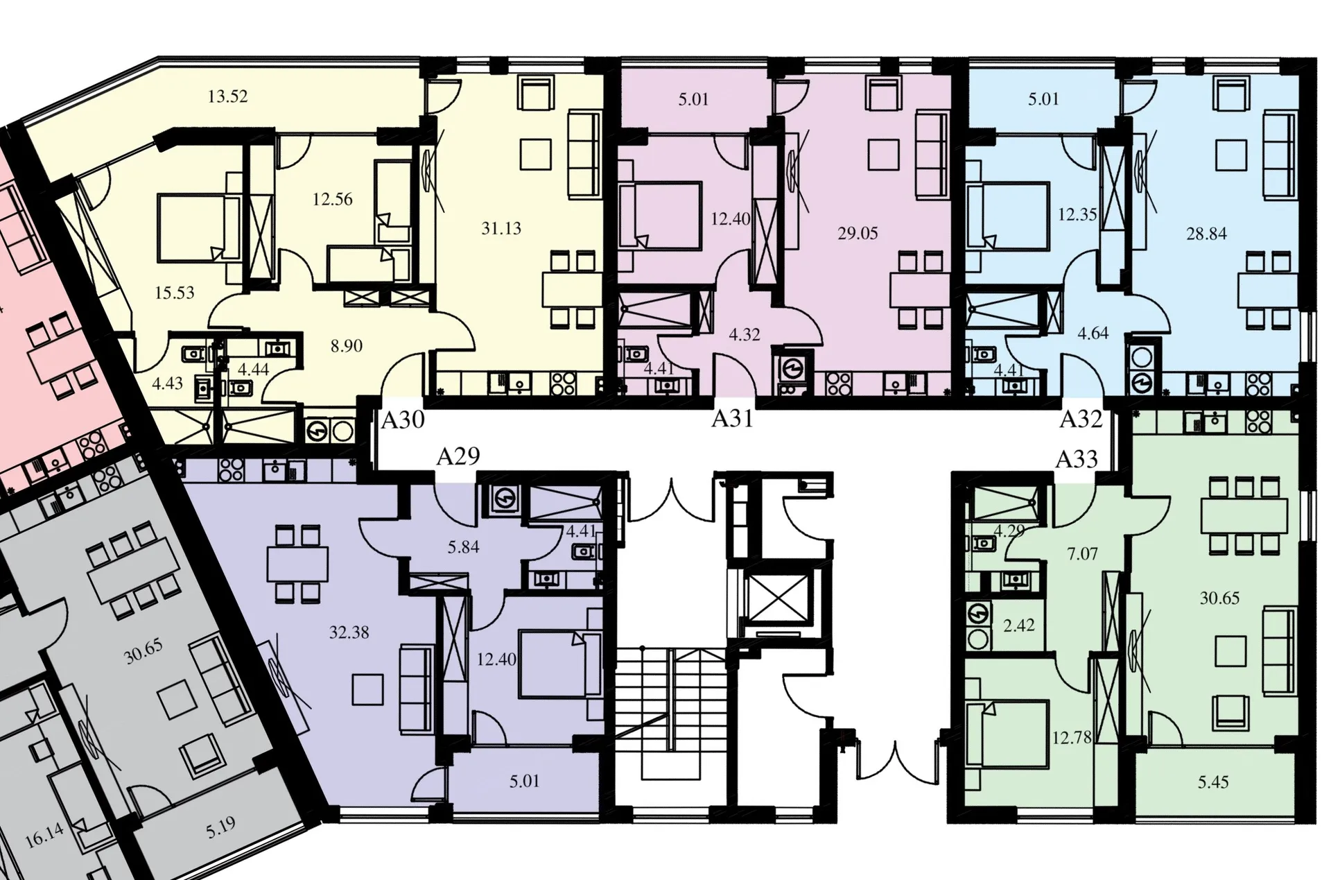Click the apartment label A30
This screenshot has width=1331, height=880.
click(403, 420)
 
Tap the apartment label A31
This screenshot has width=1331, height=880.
click(732, 419)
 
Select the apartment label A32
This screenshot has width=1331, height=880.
click(1081, 419)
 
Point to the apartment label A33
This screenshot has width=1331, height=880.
click(1077, 459)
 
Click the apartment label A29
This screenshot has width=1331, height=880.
click(458, 456)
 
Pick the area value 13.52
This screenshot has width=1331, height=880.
click(227, 96)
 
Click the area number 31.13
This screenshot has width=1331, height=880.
click(501, 228)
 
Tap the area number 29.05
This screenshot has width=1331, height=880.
click(858, 233)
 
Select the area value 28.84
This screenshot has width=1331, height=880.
click(1206, 234)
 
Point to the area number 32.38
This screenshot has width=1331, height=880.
click(349, 632)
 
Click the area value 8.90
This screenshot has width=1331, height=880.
click(346, 345)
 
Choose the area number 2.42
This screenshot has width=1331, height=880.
click(1019, 626)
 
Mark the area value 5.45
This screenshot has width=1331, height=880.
click(1213, 782)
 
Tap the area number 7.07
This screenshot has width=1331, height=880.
click(1082, 554)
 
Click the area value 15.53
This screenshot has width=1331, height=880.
click(174, 293)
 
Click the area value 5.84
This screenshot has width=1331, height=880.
click(463, 547)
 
